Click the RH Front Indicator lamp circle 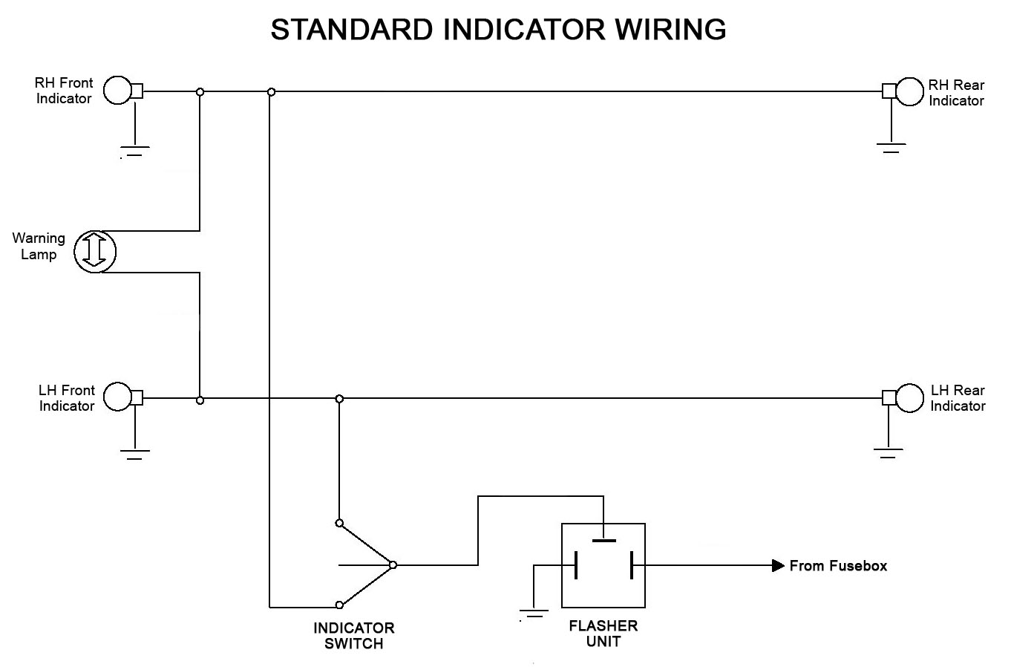coord(117,91)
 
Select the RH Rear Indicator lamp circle coord(909,91)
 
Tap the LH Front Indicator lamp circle coord(117,397)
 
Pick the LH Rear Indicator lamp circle coord(909,397)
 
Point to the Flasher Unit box coord(603,565)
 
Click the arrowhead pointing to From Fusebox coord(778,566)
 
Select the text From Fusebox coord(838,566)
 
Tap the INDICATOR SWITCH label coord(354,636)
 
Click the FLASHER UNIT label coord(603,634)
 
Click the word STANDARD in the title coord(351,30)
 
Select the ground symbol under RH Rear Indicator coord(890,146)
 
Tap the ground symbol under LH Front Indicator coord(134,454)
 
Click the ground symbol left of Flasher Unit coord(533,614)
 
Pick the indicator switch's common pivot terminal coord(393,565)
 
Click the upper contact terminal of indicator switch coord(339,523)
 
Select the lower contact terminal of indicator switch coord(339,605)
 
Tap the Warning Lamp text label coord(39,247)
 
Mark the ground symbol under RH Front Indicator coord(134,151)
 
